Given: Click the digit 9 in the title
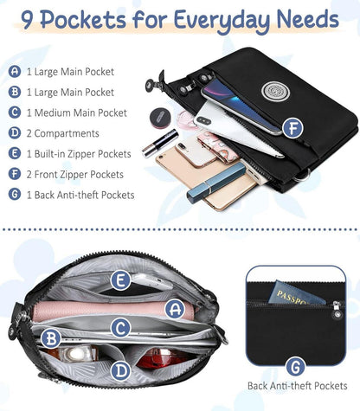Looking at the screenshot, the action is tap(26, 21).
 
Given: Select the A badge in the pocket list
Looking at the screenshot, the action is tap(15, 71).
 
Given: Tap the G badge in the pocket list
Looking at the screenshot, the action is tap(15, 194).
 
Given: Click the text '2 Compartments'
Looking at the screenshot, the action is tap(63, 133).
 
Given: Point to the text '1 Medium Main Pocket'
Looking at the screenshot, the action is tap(77, 112).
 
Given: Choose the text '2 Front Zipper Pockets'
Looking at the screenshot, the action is tap(75, 175).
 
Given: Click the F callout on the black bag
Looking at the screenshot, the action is tap(292, 128).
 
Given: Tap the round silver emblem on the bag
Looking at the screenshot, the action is tap(272, 92).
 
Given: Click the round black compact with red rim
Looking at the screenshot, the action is tap(160, 118).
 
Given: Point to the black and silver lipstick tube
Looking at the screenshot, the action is tap(160, 143).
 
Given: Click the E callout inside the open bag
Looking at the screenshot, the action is tap(121, 280).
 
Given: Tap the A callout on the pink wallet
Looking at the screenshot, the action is tap(175, 309).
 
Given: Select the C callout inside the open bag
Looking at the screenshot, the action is tap(121, 327).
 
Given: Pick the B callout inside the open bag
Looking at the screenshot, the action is tap(51, 338).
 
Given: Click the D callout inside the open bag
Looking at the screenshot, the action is tap(121, 370).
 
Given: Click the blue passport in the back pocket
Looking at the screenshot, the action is tap(296, 293).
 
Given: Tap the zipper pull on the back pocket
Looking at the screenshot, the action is tap(337, 311).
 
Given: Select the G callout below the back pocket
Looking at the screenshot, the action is tap(296, 366).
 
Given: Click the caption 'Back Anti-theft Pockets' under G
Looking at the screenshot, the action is tap(297, 386).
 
